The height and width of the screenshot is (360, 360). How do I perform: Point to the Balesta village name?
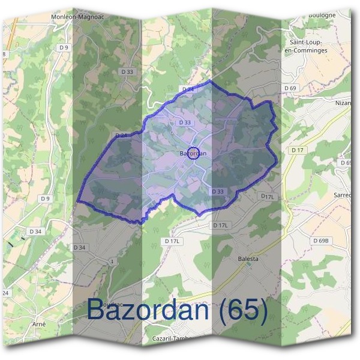[x=248, y=259]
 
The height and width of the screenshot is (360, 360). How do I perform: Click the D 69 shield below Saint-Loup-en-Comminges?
[x=290, y=88]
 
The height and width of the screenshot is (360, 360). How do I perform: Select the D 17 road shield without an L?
[x=297, y=149]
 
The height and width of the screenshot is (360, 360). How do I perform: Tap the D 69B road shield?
[x=321, y=241]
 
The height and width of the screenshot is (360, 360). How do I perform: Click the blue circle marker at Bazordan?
[x=193, y=153]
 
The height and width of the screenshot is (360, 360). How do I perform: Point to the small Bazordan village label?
[x=193, y=154]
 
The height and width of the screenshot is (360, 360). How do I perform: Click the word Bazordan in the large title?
[x=150, y=310]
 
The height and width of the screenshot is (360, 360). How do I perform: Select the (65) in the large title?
[x=243, y=310]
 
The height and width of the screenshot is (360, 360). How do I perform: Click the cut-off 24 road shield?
[x=5, y=293]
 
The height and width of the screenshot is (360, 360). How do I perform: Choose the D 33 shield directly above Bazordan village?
[x=185, y=122]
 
